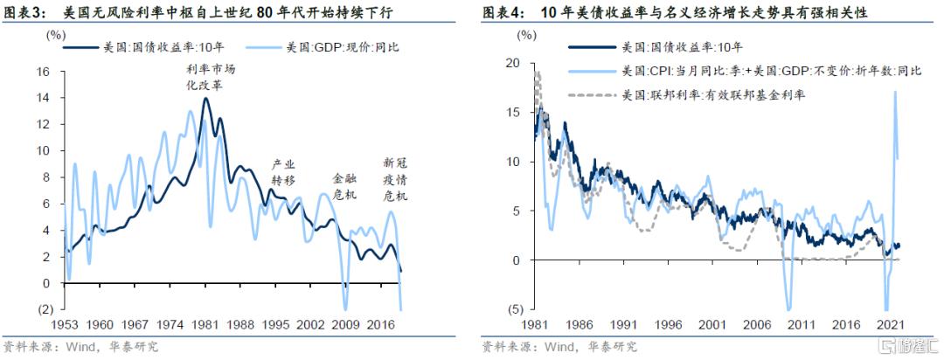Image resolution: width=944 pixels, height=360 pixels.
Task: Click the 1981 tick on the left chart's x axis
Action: point(205,324)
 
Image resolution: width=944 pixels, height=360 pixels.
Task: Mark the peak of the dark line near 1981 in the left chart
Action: point(205,99)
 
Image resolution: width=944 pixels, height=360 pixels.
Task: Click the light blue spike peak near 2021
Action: point(895,93)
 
